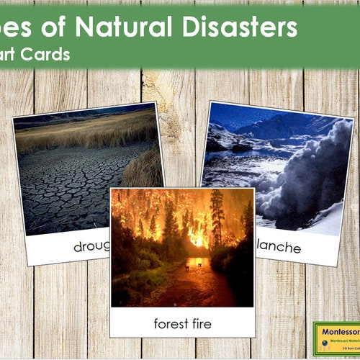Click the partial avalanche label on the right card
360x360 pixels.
[x=280, y=247]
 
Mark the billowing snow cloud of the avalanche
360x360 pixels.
[x=317, y=173]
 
